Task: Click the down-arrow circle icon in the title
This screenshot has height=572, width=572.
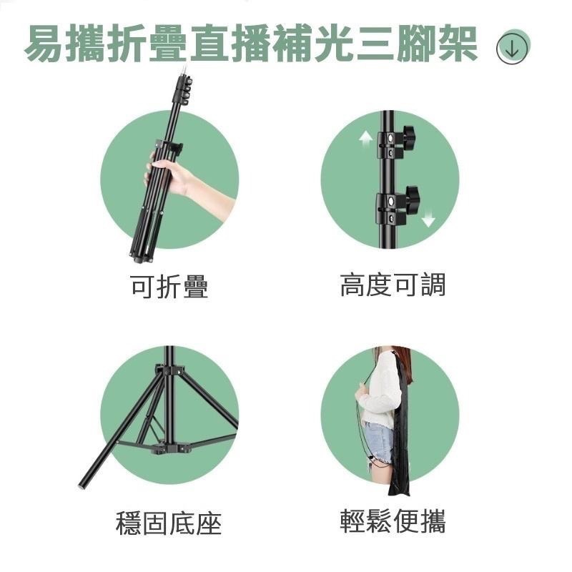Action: [x=512, y=47]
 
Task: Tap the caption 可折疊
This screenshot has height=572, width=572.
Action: [x=169, y=287]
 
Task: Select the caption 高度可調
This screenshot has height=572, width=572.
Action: [x=393, y=285]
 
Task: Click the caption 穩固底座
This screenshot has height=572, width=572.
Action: [x=169, y=523]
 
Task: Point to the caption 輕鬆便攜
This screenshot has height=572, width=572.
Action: [x=393, y=522]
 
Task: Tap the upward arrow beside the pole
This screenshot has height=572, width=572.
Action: [x=364, y=139]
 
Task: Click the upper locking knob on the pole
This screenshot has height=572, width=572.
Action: [x=409, y=134]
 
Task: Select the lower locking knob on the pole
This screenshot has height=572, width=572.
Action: [x=412, y=195]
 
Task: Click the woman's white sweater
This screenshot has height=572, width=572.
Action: [x=379, y=390]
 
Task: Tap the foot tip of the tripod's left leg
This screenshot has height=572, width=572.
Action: [x=82, y=485]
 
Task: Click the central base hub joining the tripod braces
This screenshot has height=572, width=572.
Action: [x=170, y=449]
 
